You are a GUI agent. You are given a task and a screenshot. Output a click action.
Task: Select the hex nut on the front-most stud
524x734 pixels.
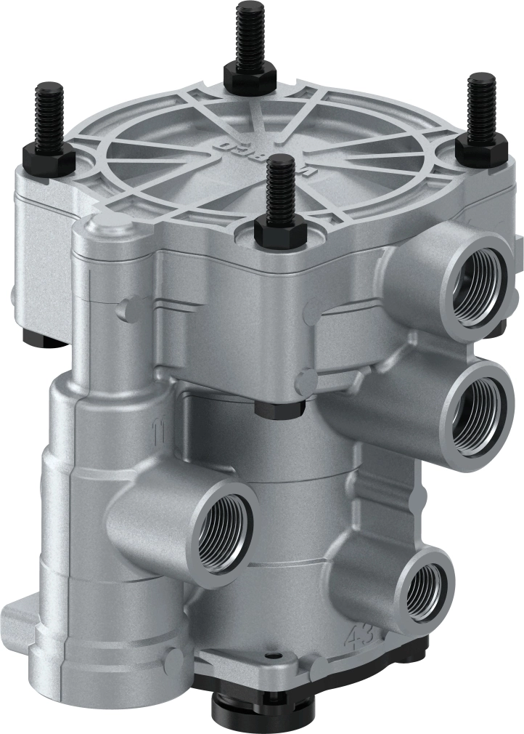279,231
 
